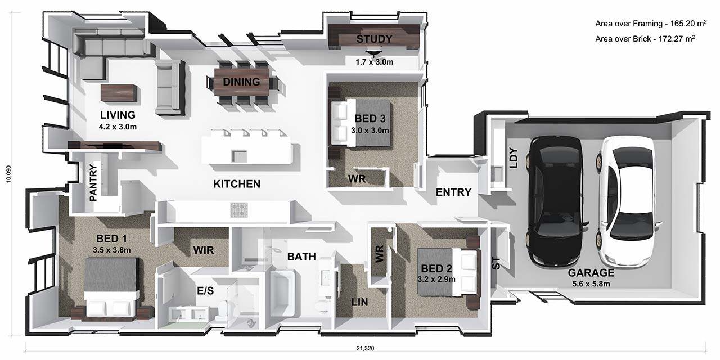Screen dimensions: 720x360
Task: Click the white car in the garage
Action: pyautogui.click(x=627, y=201)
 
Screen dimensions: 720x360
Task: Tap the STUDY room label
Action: pyautogui.click(x=374, y=39)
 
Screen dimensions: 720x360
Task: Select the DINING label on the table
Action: pyautogui.click(x=241, y=82)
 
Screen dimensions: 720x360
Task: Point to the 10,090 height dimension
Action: pyautogui.click(x=8, y=174)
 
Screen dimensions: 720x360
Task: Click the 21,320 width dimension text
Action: pyautogui.click(x=365, y=348)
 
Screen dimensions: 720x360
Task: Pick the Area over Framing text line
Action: pyautogui.click(x=651, y=24)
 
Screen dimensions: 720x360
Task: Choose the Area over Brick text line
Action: pyautogui.click(x=645, y=39)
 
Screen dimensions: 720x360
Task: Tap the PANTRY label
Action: pyautogui.click(x=93, y=183)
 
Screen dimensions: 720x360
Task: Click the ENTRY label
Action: pyautogui.click(x=453, y=192)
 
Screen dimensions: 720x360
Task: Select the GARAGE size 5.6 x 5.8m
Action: pyautogui.click(x=591, y=284)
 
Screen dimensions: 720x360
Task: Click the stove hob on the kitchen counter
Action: pyautogui.click(x=239, y=210)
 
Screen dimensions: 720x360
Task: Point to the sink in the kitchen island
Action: pyautogui.click(x=240, y=156)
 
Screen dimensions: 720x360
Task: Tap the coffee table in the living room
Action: pyautogui.click(x=119, y=93)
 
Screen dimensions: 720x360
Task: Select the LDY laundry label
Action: pyautogui.click(x=514, y=158)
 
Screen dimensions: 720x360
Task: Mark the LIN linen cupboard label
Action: pyautogui.click(x=359, y=302)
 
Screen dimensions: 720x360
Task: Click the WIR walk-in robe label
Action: pyautogui.click(x=204, y=250)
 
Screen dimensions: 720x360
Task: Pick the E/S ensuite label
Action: pyautogui.click(x=205, y=291)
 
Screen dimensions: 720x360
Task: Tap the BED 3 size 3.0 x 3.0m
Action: pyautogui.click(x=370, y=130)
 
